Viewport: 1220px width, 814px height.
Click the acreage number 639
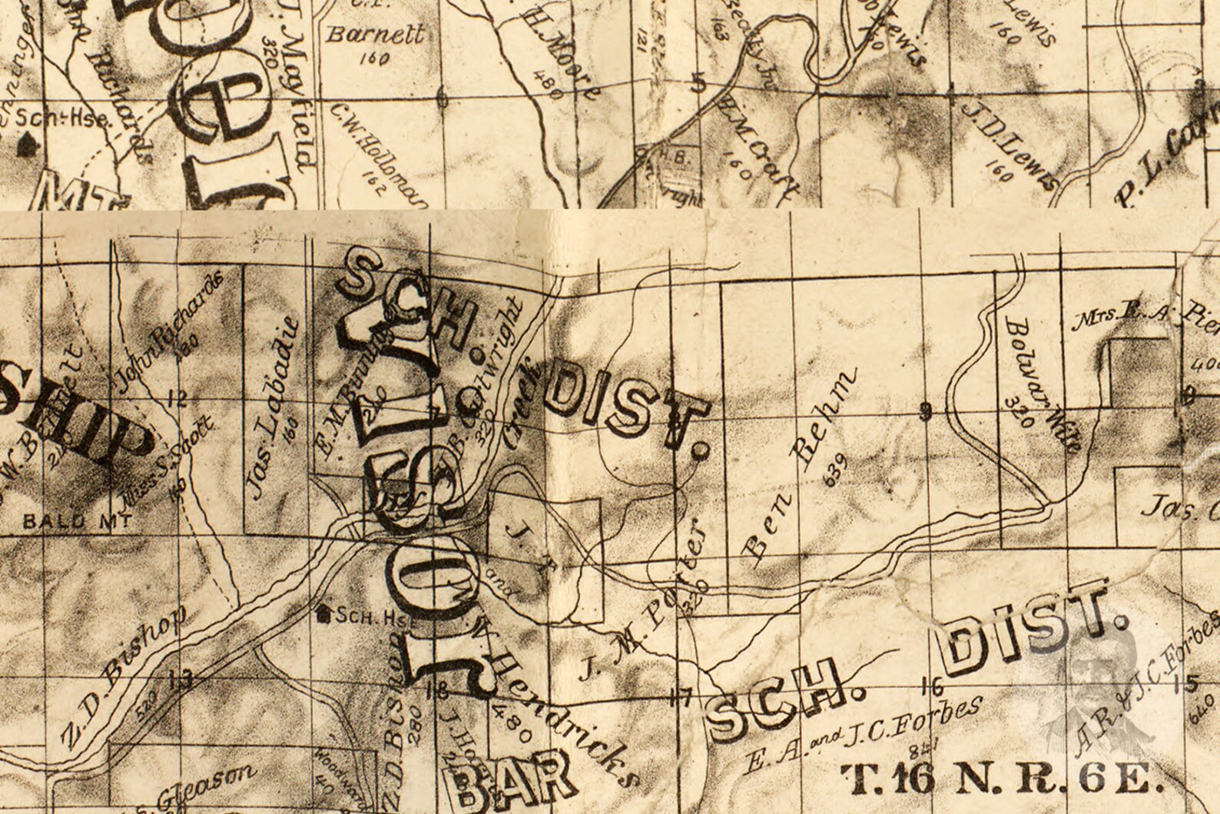[836, 470]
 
